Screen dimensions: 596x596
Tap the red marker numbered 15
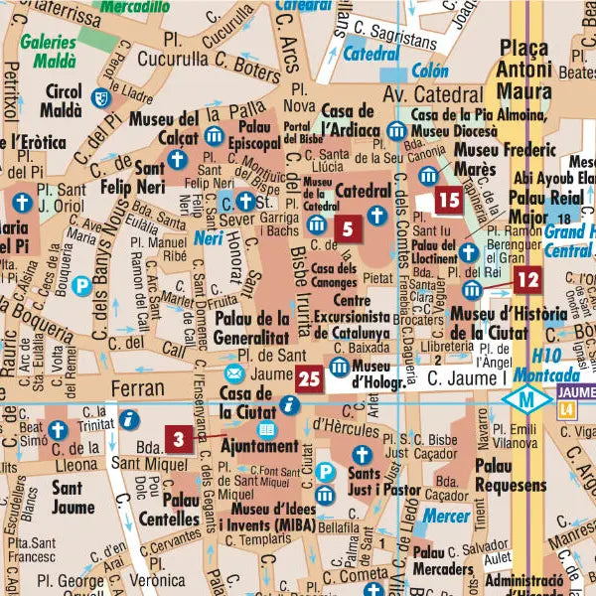pyautogui.click(x=449, y=200)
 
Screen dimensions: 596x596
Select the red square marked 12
pyautogui.click(x=527, y=280)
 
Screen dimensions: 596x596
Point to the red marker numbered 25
pyautogui.click(x=309, y=377)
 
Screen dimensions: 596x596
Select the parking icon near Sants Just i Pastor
pyautogui.click(x=325, y=494)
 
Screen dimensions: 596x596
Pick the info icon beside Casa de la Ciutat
pyautogui.click(x=289, y=404)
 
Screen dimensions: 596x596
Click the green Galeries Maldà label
pyautogui.click(x=47, y=50)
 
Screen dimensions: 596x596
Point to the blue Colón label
pyautogui.click(x=429, y=72)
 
